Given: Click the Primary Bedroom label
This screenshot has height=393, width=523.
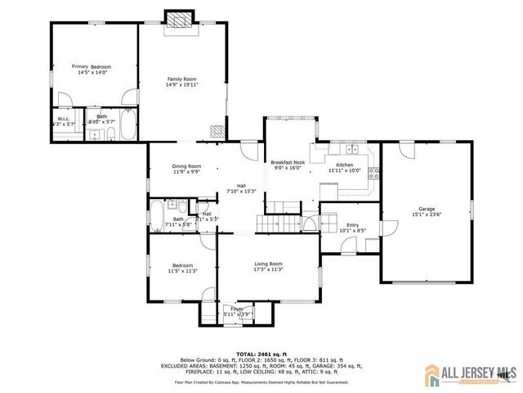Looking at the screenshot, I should [91, 67].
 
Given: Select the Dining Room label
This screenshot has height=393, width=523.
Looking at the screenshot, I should [186, 167].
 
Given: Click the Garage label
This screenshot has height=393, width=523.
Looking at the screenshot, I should [427, 209].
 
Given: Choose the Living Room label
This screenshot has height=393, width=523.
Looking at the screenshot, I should [268, 264].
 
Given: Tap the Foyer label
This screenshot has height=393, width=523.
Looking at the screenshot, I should [237, 309].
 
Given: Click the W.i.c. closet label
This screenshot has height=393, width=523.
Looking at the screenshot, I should [62, 118].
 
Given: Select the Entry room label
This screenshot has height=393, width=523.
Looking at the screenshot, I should [352, 225].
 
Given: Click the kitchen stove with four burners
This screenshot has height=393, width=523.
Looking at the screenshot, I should [373, 173].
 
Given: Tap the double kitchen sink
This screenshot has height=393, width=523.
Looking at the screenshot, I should [352, 148].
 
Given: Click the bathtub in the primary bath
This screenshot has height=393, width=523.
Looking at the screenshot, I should [128, 125].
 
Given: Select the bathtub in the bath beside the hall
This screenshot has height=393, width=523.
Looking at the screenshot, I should [156, 217].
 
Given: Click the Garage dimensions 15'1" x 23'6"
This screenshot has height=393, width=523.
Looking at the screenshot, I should [427, 214].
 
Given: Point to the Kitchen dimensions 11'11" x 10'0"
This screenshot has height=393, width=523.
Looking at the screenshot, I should [344, 171].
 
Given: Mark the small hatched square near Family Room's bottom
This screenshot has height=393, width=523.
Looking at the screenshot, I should [216, 130].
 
